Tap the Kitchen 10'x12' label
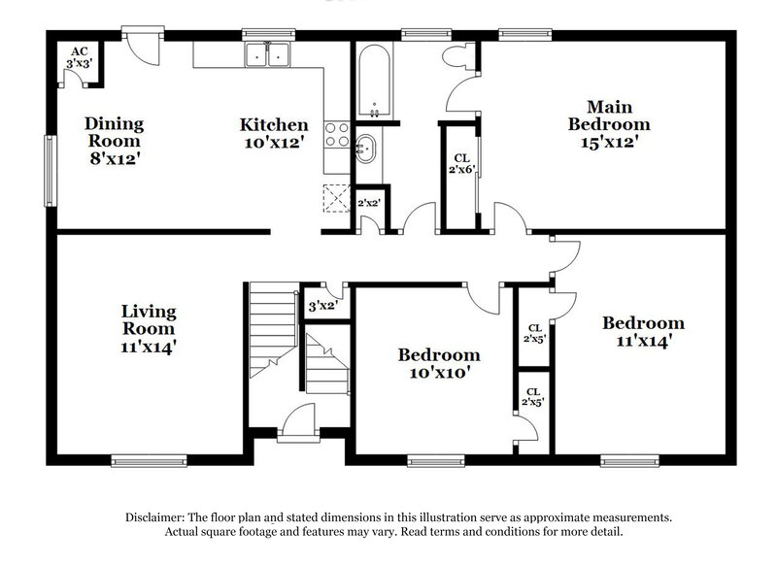point(275,133)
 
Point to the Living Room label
point(149,327)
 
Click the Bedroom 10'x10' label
point(439,363)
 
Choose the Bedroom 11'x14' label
point(642,332)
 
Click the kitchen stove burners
point(336,135)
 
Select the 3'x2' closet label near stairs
point(321,306)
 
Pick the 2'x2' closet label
point(368,204)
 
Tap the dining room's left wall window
point(49,169)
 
